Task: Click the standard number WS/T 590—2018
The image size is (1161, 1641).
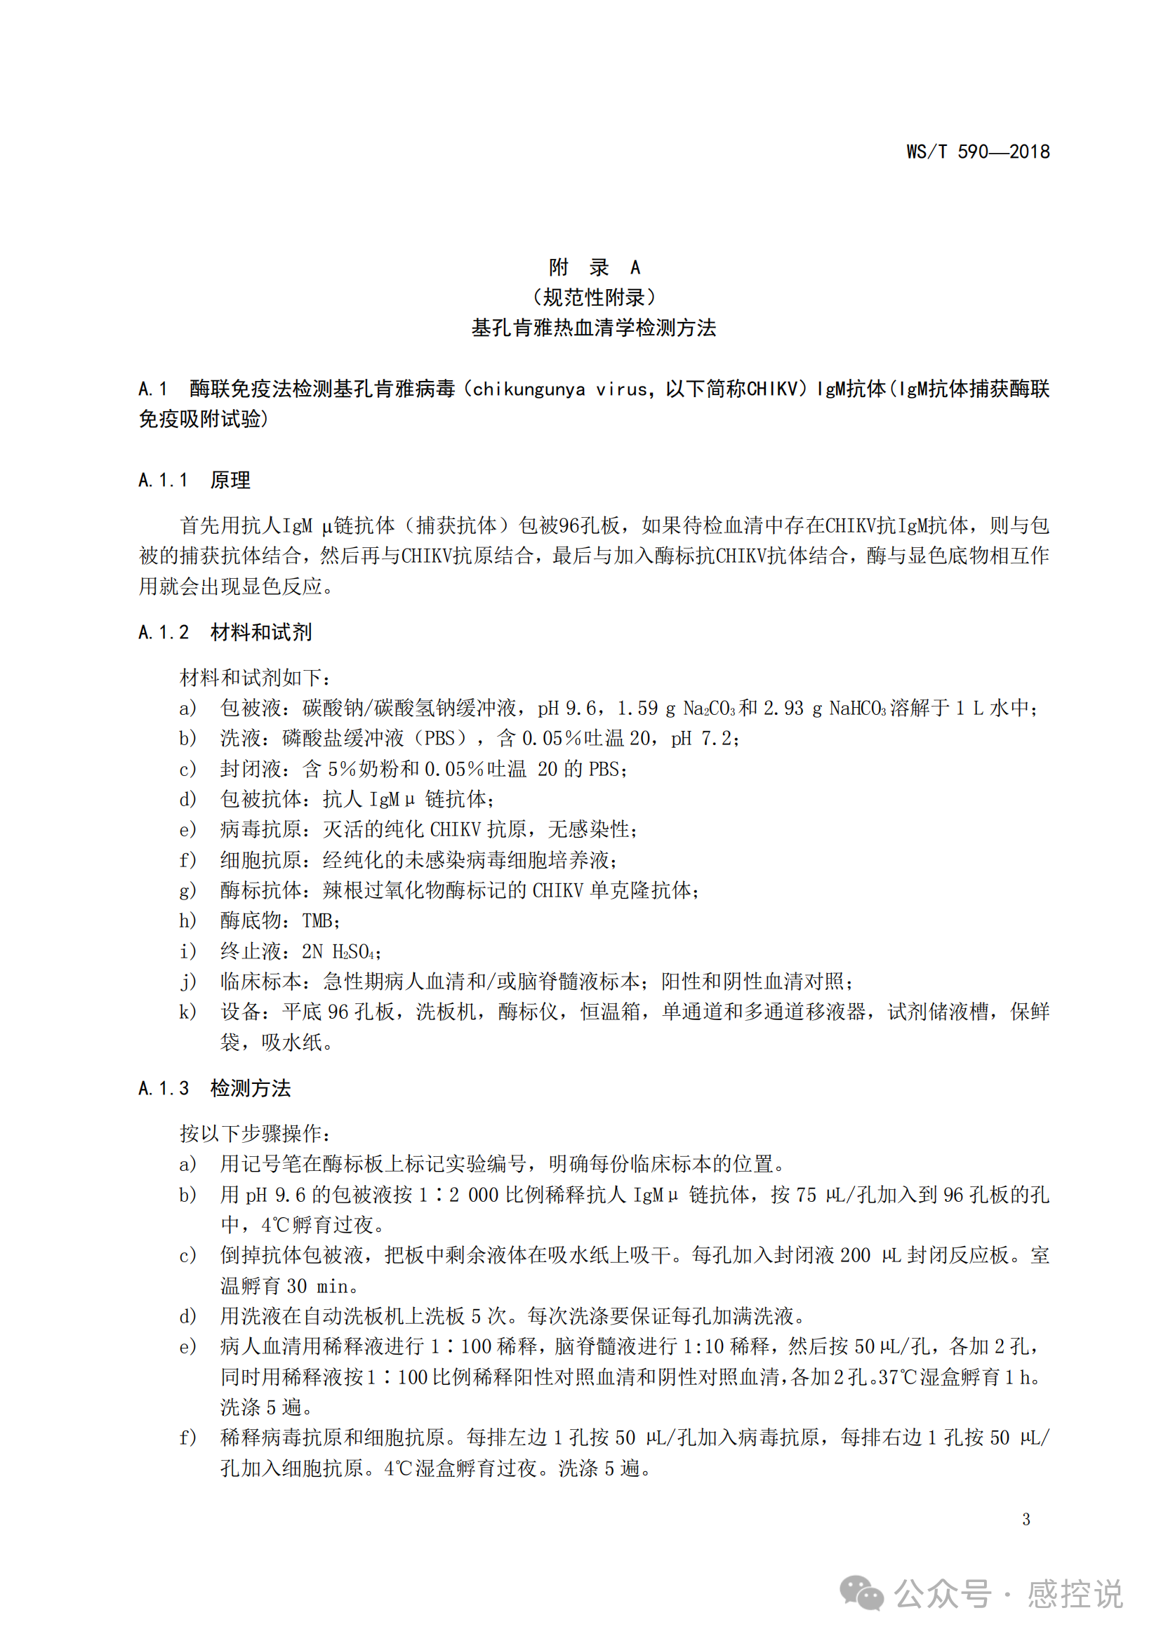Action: coord(977,152)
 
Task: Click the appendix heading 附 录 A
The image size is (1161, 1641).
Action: coord(594,267)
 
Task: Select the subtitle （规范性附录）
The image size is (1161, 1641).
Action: coord(594,297)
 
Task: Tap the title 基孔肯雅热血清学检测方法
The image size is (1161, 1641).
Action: coord(594,328)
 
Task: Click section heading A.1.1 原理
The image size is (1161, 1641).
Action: coord(194,481)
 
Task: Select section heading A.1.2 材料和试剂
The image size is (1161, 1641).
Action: coord(225,633)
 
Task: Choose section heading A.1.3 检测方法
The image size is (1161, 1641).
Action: coord(215,1089)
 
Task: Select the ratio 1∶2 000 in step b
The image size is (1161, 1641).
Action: coord(458,1195)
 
